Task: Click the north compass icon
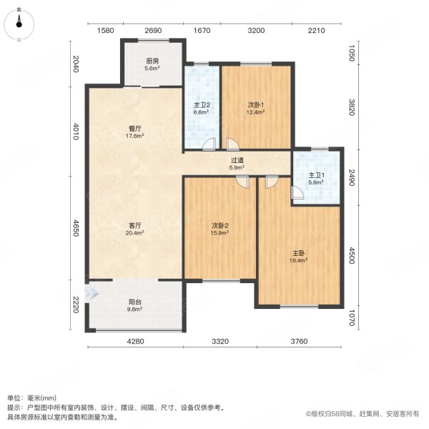19,25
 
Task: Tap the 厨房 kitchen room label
152,61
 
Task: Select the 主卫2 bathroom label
202,105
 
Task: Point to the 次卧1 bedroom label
256,105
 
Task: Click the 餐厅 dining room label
135,129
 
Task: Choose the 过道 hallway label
237,160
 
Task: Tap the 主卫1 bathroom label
317,175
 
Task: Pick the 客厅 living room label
135,226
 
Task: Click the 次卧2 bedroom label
220,226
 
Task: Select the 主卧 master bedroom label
298,253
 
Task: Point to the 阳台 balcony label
135,302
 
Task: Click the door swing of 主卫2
209,144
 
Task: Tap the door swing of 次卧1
232,144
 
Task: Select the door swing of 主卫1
297,192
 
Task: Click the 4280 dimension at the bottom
136,341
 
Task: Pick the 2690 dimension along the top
153,30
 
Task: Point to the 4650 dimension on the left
76,228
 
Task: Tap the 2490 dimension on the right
352,177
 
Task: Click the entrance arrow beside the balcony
92,294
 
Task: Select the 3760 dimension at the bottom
299,341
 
